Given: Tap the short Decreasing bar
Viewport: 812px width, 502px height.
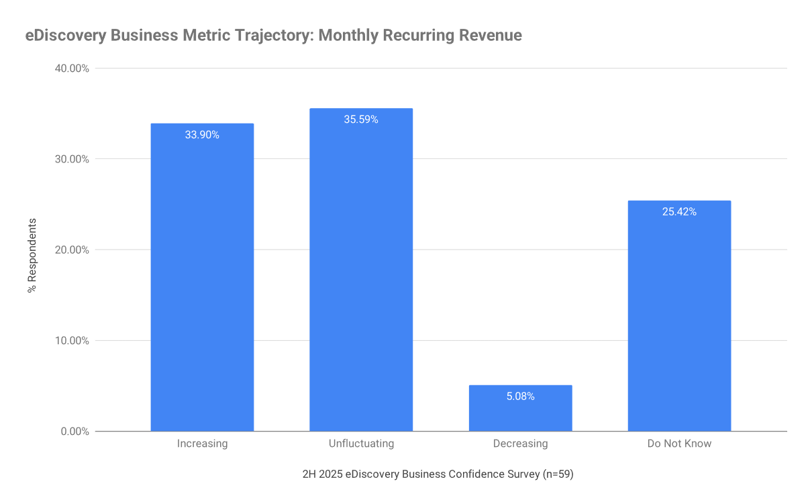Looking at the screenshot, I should [x=520, y=413].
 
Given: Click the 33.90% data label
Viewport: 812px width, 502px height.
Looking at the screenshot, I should [x=202, y=135].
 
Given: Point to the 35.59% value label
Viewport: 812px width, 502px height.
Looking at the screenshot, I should [x=361, y=119].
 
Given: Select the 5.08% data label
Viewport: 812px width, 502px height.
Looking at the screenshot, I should [x=520, y=397].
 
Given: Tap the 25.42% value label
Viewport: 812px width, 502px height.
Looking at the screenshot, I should [x=679, y=212].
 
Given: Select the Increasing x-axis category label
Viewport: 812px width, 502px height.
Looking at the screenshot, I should [x=202, y=444].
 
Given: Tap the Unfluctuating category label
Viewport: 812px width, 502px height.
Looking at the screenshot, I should [x=361, y=444].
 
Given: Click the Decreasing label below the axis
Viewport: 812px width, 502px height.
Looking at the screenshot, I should [x=520, y=444].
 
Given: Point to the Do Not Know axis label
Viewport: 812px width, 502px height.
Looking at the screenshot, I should [x=679, y=444].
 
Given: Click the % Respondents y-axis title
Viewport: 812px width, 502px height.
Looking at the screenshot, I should [x=32, y=255].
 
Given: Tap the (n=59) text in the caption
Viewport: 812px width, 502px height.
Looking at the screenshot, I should [x=558, y=474].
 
